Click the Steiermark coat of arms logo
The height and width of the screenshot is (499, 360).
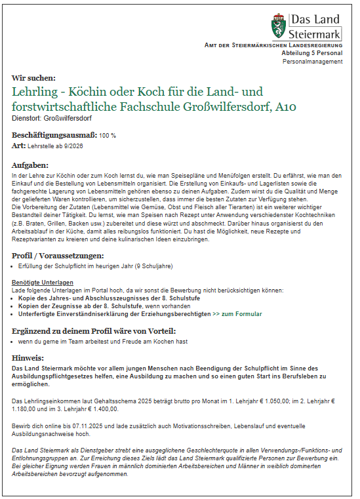(x=278, y=26)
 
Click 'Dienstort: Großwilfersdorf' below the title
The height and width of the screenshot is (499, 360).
(x=52, y=118)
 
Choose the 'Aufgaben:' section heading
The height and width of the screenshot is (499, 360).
(x=30, y=165)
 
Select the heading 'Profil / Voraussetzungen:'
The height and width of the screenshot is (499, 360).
(x=58, y=254)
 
